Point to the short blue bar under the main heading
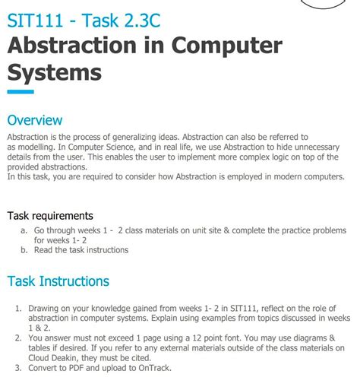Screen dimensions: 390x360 (21, 92)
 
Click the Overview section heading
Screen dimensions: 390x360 (35, 120)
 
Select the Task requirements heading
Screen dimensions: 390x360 (50, 216)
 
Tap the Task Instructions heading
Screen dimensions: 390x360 (58, 281)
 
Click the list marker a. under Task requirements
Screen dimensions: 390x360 (24, 230)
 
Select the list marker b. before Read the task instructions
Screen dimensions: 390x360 (24, 249)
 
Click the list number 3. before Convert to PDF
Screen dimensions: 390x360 (19, 368)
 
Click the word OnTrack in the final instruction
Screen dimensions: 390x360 (154, 368)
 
